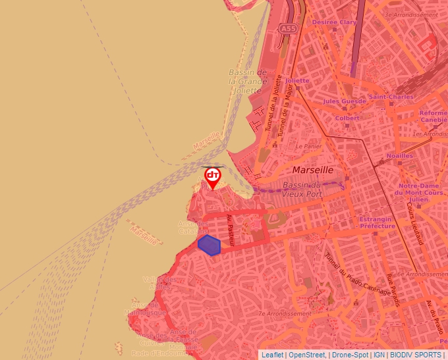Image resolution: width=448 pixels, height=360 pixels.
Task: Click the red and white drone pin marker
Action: point(212,176)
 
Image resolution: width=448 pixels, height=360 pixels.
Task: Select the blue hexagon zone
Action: point(209,245)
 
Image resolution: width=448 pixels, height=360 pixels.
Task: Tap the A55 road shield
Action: point(287,29)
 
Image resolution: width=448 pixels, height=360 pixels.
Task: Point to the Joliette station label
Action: point(297,81)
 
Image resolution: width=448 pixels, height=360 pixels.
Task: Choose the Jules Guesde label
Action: point(344,101)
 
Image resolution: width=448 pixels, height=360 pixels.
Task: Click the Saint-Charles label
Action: point(391,97)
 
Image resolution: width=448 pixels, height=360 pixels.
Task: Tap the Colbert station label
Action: point(347,118)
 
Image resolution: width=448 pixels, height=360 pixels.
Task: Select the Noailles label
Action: point(399,156)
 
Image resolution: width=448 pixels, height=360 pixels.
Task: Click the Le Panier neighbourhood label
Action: point(308,146)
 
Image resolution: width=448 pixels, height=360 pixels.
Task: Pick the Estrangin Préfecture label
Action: point(377,222)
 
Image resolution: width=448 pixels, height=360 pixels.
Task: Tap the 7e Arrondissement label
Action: point(284,314)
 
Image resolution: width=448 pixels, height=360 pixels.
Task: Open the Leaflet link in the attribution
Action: point(272,355)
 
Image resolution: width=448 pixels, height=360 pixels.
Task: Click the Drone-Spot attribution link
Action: point(349,355)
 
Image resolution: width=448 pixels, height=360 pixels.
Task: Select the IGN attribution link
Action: point(379,355)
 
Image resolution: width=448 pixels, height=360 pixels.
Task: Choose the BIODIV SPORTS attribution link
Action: point(416,355)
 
